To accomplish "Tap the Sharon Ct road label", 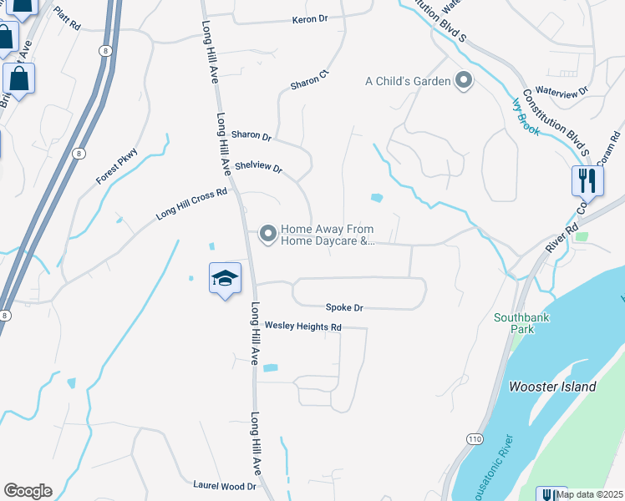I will tap(311, 83).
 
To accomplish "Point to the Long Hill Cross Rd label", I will tap(191, 204).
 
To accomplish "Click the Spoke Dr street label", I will tap(345, 307).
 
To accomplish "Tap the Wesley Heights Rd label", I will tap(303, 326).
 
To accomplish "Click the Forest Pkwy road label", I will tap(116, 166).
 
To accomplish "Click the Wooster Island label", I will tap(553, 387).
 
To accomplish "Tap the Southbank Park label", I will tap(519, 323).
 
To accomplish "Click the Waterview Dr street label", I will tap(561, 89).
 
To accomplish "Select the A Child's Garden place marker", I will tap(464, 81).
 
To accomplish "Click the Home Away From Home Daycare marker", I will tap(268, 234).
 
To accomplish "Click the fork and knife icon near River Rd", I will tap(587, 180).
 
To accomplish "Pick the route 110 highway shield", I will tap(475, 437).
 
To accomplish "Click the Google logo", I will tap(28, 491).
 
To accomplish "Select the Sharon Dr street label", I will tap(252, 135).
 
